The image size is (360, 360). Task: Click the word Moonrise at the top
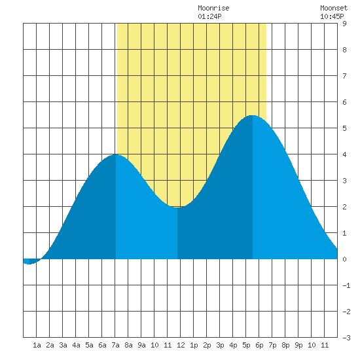coord(213,8)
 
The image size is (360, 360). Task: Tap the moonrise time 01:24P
coord(209,16)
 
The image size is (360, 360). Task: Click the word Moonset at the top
coord(334,8)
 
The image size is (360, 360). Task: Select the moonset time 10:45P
coord(332,16)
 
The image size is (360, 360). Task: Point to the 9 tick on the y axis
coord(344,24)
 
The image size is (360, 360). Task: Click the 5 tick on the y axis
coord(344,128)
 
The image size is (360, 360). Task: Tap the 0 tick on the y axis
coord(344,259)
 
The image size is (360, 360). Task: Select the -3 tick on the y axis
coord(346,338)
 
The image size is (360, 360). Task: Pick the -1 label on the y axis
coord(346,285)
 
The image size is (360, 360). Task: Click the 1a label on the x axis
coord(37,345)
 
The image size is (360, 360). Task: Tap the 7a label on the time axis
coord(115,345)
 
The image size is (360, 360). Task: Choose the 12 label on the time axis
coord(181,345)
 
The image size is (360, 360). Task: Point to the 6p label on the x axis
coord(259,345)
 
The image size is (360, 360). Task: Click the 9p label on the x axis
coord(298,345)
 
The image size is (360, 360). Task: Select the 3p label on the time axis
coord(220,345)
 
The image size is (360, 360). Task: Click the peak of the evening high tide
coord(252,115)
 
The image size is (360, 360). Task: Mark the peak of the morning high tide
coord(116,154)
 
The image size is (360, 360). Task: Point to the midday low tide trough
coord(177,207)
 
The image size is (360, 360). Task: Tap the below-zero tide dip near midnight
coord(29,264)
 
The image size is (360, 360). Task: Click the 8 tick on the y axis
coord(344,50)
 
